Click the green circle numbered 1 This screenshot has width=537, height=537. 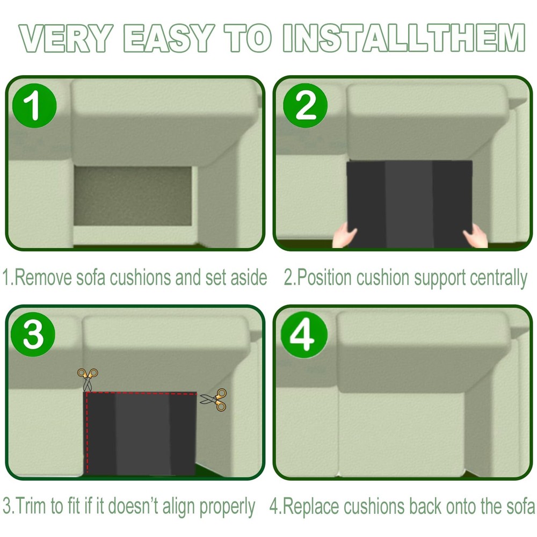pyautogui.click(x=34, y=105)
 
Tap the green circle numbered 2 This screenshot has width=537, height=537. pyautogui.click(x=305, y=105)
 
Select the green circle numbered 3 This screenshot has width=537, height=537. pyautogui.click(x=33, y=334)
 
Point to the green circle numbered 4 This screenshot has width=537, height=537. pyautogui.click(x=304, y=335)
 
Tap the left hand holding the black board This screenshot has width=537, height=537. pyautogui.click(x=344, y=235)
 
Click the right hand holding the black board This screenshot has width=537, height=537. pyautogui.click(x=475, y=236)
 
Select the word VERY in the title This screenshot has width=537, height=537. pyautogui.click(x=66, y=38)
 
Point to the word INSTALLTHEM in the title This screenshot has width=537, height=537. pyautogui.click(x=404, y=38)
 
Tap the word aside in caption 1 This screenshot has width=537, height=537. pyautogui.click(x=249, y=277)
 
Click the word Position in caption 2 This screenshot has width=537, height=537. pyautogui.click(x=324, y=277)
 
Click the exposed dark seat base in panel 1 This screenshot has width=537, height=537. pyautogui.click(x=133, y=196)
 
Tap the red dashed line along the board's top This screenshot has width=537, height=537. pyautogui.click(x=141, y=394)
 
